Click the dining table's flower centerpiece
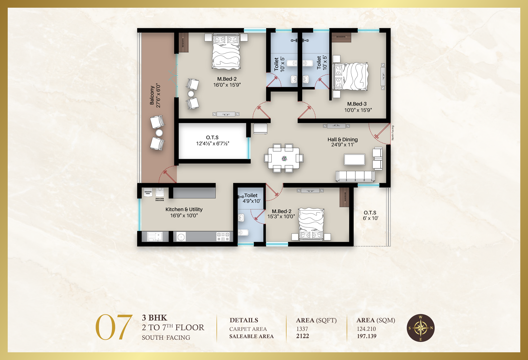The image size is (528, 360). (x=284, y=158)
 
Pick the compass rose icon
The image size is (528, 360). (x=421, y=328)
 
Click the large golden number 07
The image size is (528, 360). (x=114, y=327)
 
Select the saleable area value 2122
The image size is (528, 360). (x=302, y=336)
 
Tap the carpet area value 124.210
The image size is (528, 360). (x=366, y=329)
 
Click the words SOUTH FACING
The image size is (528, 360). (x=166, y=338)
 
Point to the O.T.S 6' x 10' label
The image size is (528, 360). (x=370, y=215)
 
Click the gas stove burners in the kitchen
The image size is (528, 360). (x=223, y=237)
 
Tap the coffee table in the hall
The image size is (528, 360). (x=355, y=159)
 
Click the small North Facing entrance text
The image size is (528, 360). (x=393, y=133)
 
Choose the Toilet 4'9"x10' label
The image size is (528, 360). (x=251, y=198)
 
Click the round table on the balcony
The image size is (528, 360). (x=159, y=133)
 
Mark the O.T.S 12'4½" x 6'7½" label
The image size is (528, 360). (x=212, y=140)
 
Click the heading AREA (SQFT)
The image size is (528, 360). (x=316, y=320)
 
